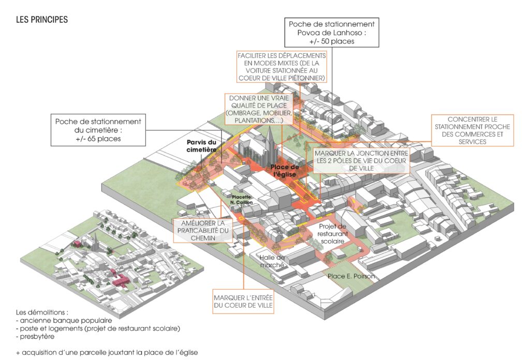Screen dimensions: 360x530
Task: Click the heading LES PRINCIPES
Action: [x=42, y=20]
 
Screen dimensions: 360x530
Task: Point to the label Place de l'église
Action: [x=285, y=171]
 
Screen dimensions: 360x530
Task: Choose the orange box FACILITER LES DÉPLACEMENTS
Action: [x=282, y=66]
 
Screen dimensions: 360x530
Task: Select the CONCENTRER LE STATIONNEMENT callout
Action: [x=472, y=130]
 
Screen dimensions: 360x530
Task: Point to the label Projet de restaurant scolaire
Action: [x=332, y=234]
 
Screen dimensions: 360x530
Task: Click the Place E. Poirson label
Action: [x=351, y=277]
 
